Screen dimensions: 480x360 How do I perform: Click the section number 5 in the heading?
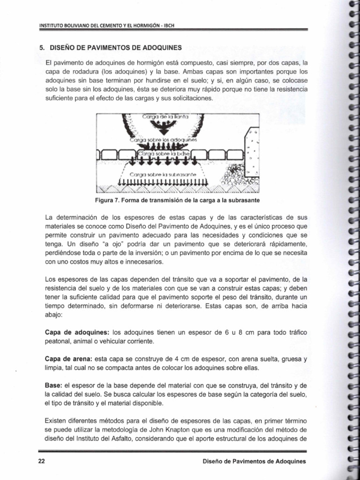click(41, 47)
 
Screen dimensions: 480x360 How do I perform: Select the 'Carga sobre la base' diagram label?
click(164, 153)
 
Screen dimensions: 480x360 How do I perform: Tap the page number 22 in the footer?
click(41, 461)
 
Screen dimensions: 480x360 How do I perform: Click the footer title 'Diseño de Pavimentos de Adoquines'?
click(254, 461)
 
